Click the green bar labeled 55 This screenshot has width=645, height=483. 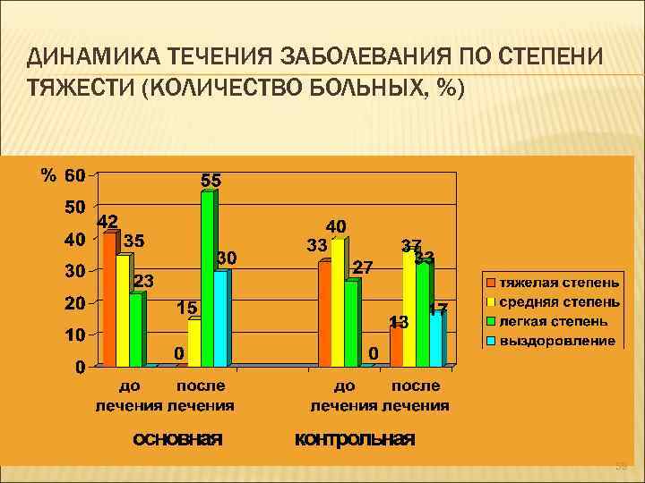click(x=207, y=279)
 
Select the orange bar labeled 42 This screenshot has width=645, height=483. click(x=108, y=300)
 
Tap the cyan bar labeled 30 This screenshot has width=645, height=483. click(x=220, y=318)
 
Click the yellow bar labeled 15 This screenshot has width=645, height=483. click(x=193, y=343)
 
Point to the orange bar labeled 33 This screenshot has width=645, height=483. click(x=323, y=313)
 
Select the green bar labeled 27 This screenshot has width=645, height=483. click(x=350, y=323)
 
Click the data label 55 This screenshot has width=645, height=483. click(x=211, y=180)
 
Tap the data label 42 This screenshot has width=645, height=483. click(x=107, y=221)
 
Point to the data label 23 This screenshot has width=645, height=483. click(x=143, y=281)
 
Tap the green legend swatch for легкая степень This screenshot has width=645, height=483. click(x=491, y=320)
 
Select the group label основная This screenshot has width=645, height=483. click(x=177, y=438)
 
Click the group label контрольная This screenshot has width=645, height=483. click(x=355, y=438)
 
